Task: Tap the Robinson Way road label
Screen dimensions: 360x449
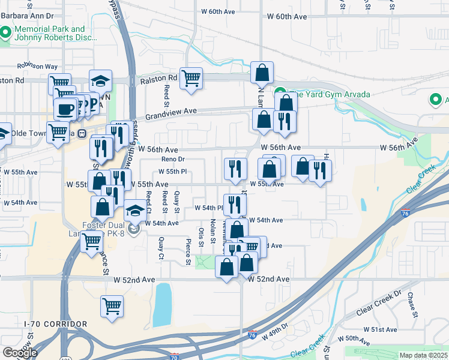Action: [37, 66]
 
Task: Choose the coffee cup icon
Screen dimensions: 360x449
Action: [65, 109]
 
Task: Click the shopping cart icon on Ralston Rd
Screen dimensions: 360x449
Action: [191, 77]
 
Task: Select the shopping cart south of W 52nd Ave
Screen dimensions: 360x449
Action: [112, 306]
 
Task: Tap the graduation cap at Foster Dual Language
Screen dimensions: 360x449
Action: [134, 211]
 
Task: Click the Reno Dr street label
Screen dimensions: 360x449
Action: [173, 160]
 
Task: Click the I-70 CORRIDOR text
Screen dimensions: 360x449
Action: [55, 324]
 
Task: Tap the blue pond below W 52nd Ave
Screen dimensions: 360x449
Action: [162, 304]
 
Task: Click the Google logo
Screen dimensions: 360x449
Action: [19, 353]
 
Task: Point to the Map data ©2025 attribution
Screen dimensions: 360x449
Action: [423, 355]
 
